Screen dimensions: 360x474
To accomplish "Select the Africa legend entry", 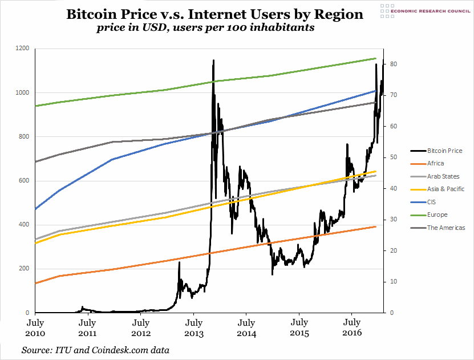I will pyautogui.click(x=436, y=164).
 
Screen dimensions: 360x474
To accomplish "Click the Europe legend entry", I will pyautogui.click(x=437, y=215).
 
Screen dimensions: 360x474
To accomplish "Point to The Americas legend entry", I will pyautogui.click(x=446, y=228).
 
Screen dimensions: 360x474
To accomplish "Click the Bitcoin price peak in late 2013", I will pyautogui.click(x=213, y=60).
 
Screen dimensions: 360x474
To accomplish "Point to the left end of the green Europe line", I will pyautogui.click(x=36, y=106).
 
